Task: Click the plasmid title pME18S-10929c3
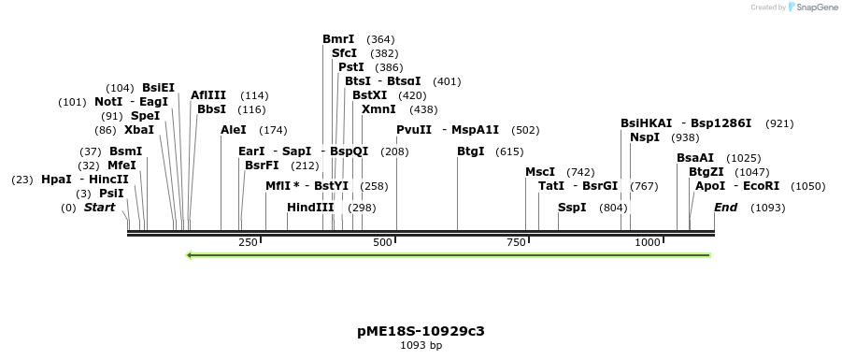click(421, 331)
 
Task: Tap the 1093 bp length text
click(421, 346)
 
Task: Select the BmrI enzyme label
click(338, 39)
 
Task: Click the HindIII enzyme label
click(310, 208)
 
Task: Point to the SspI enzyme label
click(572, 208)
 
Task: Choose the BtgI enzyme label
click(471, 151)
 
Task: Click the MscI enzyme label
click(540, 172)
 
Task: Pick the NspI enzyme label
click(645, 137)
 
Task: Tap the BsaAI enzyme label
click(695, 158)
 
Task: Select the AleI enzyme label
click(234, 130)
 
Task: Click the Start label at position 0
click(100, 208)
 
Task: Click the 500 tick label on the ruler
click(382, 243)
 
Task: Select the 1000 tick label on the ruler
click(647, 243)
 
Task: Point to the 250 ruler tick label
click(248, 243)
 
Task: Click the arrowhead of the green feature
click(190, 254)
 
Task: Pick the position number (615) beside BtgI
click(509, 151)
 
